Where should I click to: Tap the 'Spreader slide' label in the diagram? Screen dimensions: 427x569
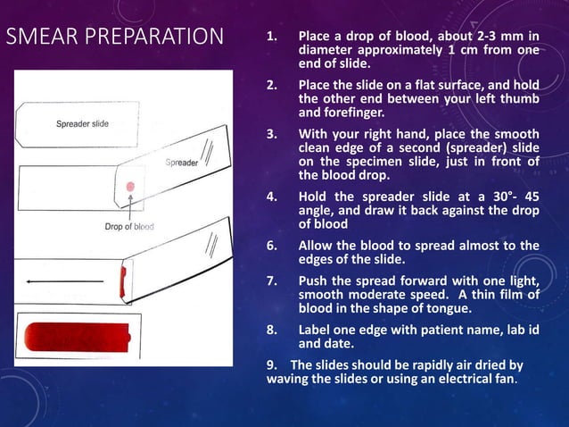[x=82, y=123]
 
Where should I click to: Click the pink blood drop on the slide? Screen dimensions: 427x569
[x=130, y=186]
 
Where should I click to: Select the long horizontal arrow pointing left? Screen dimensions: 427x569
[x=64, y=280]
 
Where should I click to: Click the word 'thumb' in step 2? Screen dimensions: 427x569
[x=521, y=99]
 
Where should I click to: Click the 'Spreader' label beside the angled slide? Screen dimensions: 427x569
[x=182, y=163]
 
